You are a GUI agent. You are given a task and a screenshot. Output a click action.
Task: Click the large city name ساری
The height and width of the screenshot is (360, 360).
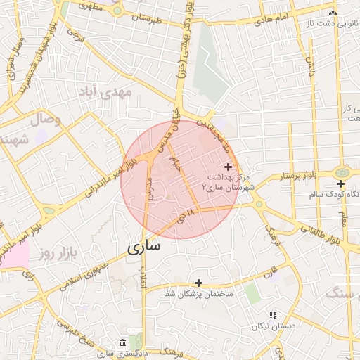click(144, 247)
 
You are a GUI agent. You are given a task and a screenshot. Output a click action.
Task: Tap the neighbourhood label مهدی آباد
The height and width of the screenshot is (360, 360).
click(106, 91)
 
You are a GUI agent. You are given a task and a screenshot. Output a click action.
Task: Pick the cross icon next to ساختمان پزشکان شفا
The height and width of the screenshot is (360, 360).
click(199, 282)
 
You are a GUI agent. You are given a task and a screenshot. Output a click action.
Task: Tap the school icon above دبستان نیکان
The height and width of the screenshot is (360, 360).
click(273, 315)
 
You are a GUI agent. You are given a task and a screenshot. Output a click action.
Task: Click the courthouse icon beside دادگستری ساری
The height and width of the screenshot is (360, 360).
click(123, 342)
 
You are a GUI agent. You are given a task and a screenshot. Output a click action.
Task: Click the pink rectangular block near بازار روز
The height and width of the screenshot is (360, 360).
click(14, 257)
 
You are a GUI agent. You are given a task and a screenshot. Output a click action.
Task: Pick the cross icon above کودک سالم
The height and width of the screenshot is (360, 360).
click(340, 184)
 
